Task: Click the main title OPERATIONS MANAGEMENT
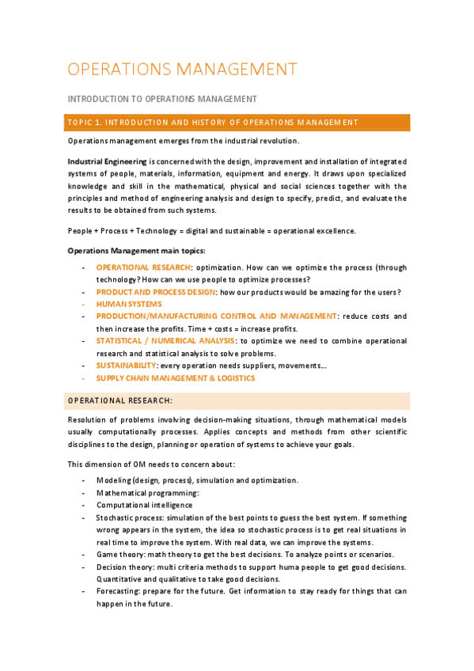tap(183, 69)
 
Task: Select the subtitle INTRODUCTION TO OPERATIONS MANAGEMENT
tap(162, 99)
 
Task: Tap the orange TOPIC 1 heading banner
tap(237, 122)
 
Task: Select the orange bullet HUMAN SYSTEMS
tap(129, 304)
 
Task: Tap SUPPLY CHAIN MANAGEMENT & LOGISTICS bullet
tap(175, 378)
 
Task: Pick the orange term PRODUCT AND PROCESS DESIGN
tap(155, 292)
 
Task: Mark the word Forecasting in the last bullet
tap(119, 591)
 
